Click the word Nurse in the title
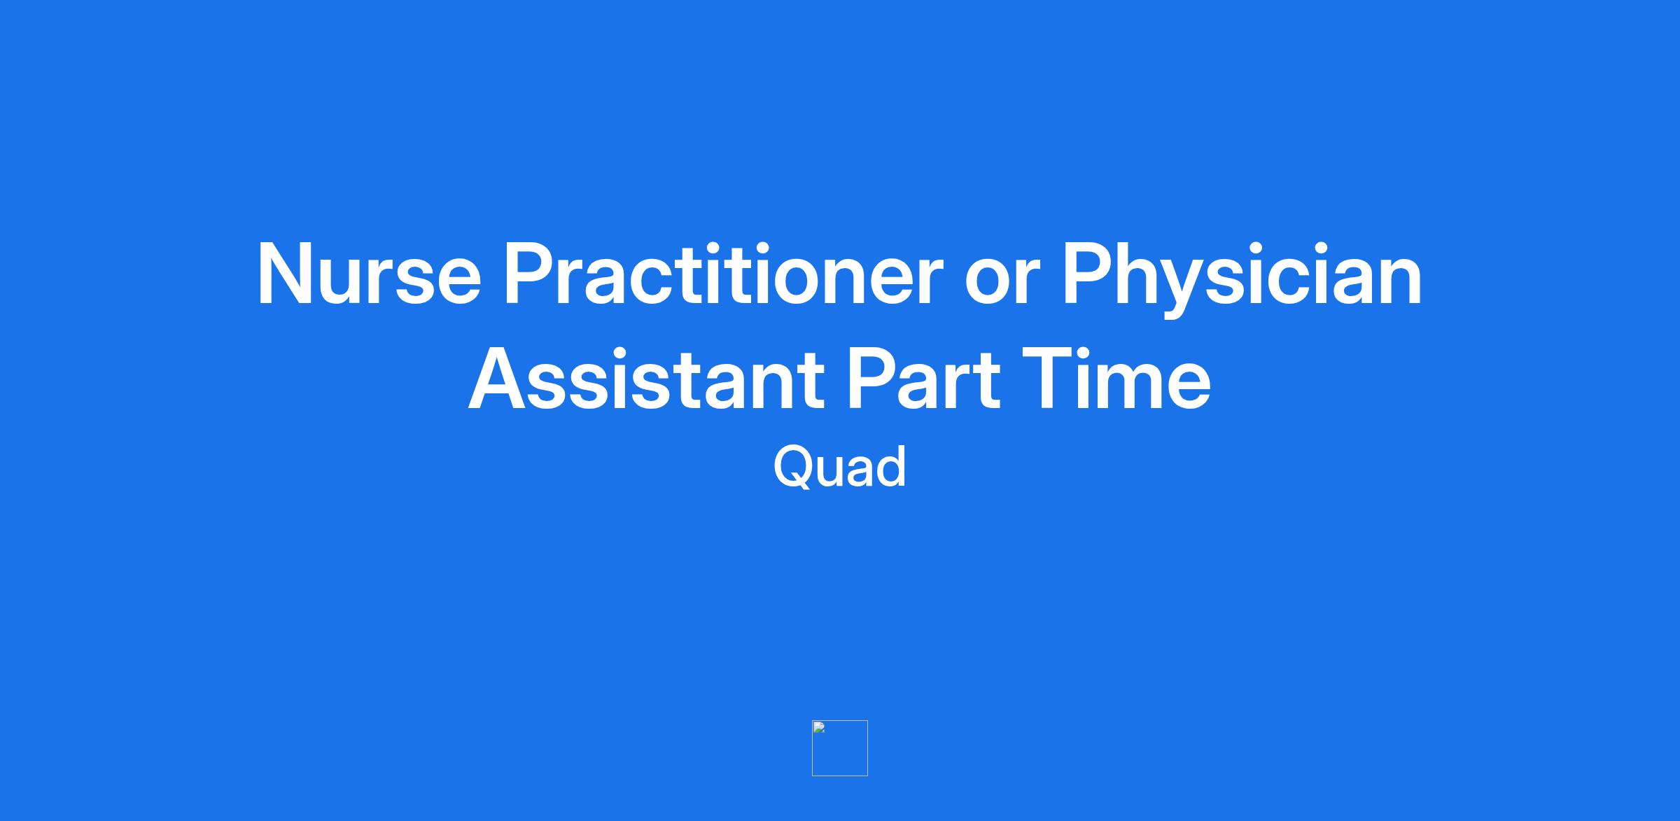[x=370, y=274]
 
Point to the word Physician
[x=1242, y=278]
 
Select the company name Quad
[x=840, y=466]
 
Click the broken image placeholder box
[x=840, y=748]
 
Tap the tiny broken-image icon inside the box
[x=819, y=727]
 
